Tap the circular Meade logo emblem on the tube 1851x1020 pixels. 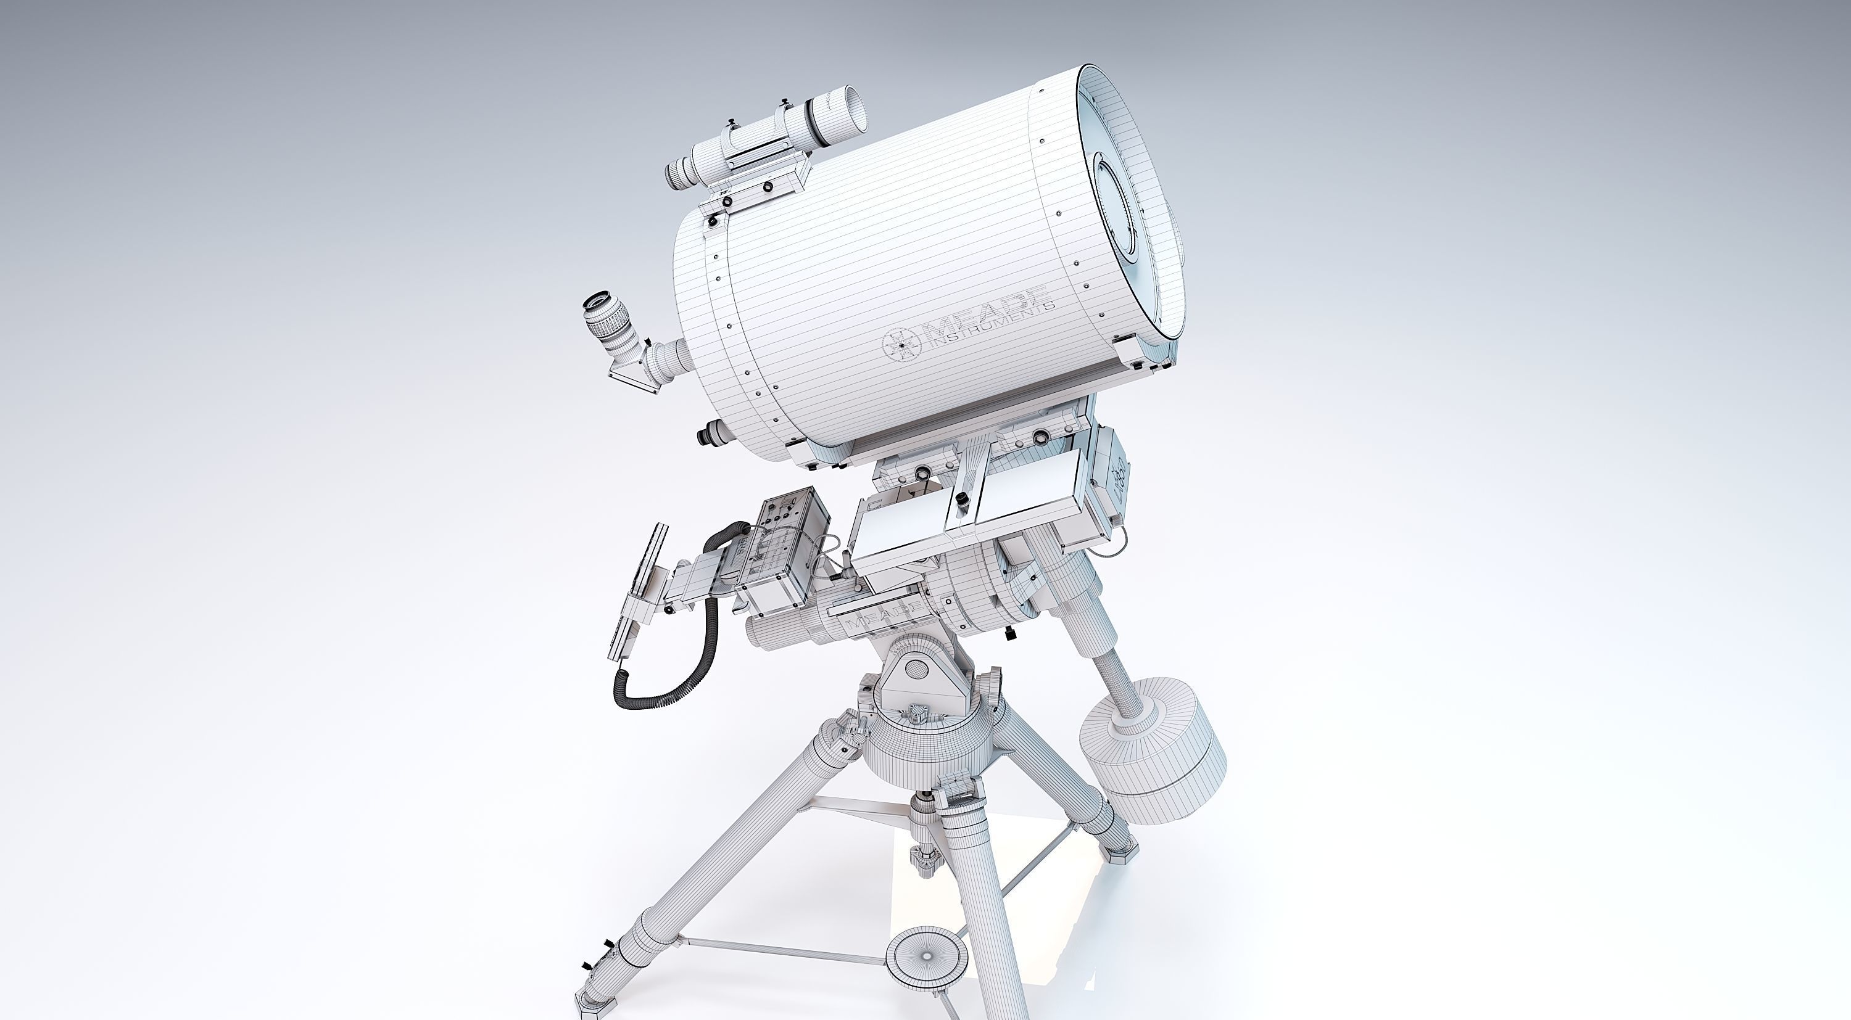pos(900,344)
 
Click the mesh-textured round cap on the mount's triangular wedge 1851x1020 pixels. pos(916,668)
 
